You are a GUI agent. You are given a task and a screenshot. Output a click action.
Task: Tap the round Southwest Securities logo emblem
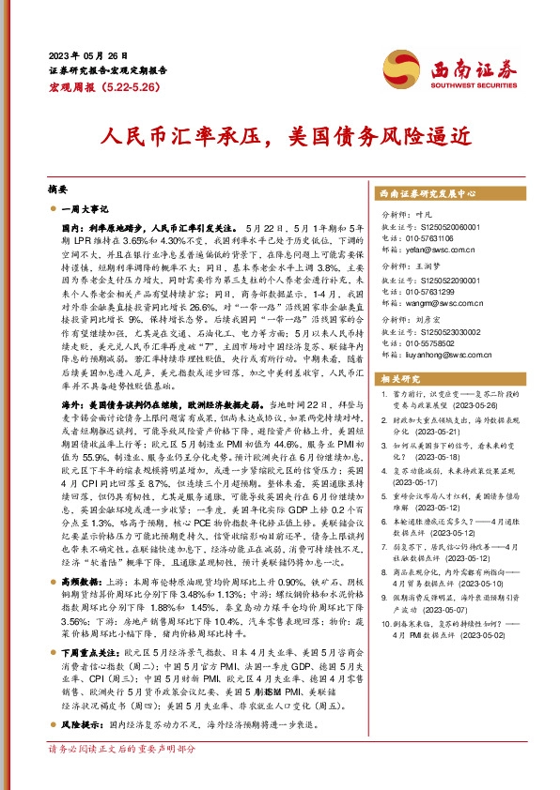[x=411, y=68]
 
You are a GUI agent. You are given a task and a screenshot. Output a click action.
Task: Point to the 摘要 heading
[x=58, y=188]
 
